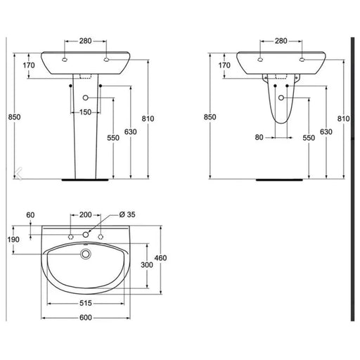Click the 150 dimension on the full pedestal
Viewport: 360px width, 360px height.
pyautogui.click(x=86, y=112)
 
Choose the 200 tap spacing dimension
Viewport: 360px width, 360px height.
pyautogui.click(x=86, y=214)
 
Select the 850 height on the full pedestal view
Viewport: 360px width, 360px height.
pyautogui.click(x=13, y=116)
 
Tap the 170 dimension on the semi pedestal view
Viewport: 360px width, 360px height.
pyautogui.click(x=225, y=66)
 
